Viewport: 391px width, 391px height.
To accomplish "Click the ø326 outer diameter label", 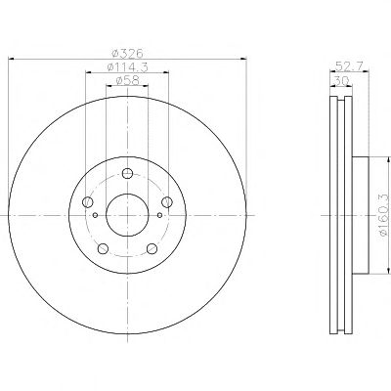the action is [127, 53].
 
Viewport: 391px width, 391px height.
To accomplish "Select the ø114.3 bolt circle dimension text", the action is [127, 67].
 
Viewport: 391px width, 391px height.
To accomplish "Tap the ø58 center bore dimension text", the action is [127, 80].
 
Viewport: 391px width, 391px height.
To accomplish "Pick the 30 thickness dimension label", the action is [341, 80].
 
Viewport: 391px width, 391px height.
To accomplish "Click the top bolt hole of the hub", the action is [127, 173].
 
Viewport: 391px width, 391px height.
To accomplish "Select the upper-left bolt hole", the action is [88, 202].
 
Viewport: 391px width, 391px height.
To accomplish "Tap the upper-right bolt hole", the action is [167, 202].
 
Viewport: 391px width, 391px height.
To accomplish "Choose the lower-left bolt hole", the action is [103, 248].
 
